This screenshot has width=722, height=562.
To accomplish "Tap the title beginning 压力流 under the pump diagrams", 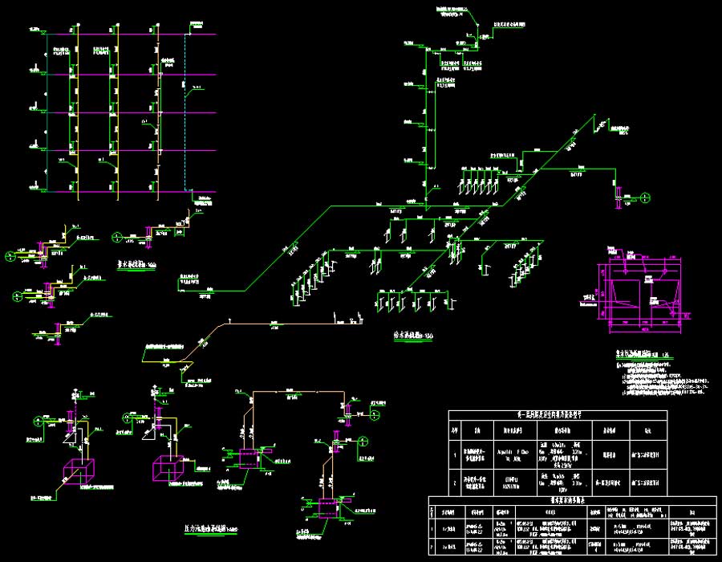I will point(210,528).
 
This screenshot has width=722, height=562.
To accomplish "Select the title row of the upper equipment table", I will point(557,415).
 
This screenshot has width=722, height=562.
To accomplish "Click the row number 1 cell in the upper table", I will point(455,454).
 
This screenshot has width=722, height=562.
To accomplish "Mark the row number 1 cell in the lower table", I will point(434,527).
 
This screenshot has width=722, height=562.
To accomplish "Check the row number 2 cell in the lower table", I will point(434,548).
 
